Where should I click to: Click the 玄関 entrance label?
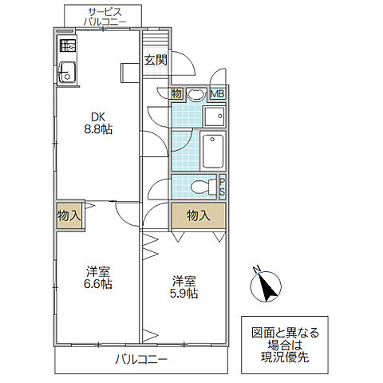point(156,61)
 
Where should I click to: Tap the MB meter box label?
point(218,93)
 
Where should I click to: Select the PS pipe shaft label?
point(223,186)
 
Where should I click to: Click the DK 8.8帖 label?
point(98,123)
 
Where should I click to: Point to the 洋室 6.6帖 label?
point(98,278)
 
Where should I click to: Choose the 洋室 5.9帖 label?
point(184,287)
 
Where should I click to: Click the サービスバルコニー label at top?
point(105,17)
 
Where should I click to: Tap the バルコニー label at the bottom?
point(141,360)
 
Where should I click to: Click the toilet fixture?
point(203,187)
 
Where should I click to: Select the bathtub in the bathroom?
point(213,151)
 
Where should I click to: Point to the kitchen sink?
point(67,72)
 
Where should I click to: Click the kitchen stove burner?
point(68,45)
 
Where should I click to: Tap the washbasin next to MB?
point(196,94)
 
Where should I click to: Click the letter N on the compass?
point(256,270)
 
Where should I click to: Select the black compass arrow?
point(268,287)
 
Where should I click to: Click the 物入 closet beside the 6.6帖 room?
point(69,215)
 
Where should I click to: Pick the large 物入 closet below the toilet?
point(199,215)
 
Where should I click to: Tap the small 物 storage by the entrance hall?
point(176,93)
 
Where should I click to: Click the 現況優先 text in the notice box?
point(285,357)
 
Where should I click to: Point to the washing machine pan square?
point(214,116)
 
